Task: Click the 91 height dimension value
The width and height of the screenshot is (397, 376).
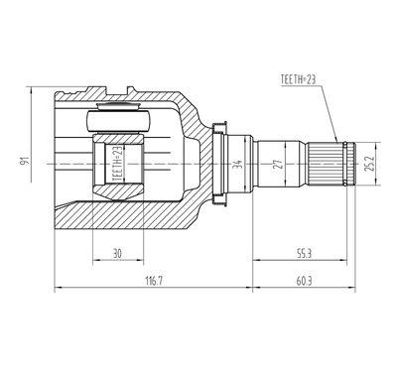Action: point(25,161)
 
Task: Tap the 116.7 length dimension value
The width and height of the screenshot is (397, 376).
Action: point(154,282)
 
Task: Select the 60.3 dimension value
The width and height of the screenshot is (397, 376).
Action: point(304,282)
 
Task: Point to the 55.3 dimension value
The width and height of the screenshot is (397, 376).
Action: point(304,254)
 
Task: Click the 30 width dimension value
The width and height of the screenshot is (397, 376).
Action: point(117,254)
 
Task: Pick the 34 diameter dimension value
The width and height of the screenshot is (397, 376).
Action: point(237,164)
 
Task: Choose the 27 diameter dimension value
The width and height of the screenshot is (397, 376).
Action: point(279,164)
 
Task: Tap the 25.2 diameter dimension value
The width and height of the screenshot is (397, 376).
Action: point(369,164)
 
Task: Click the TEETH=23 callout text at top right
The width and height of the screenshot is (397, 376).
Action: point(298,79)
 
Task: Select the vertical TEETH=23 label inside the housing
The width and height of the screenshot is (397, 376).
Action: point(118,164)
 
